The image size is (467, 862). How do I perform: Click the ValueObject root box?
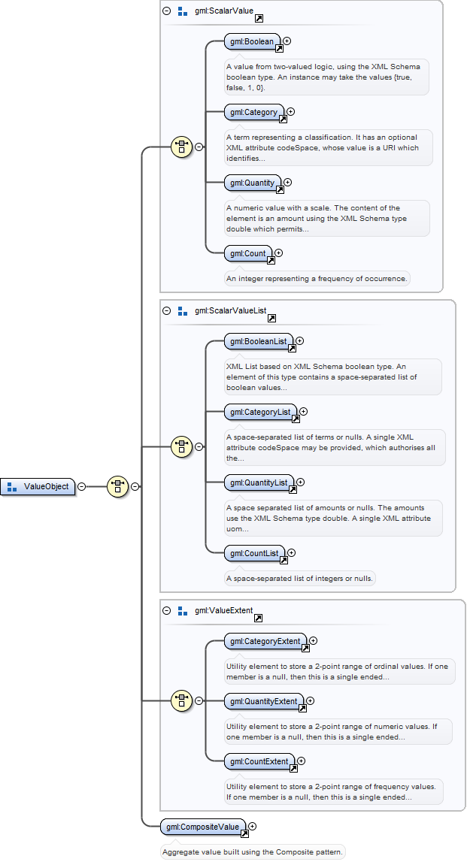click(x=38, y=486)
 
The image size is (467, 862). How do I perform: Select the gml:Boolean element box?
click(x=253, y=42)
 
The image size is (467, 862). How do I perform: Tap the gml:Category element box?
click(x=254, y=112)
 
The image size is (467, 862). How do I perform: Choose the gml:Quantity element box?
click(x=253, y=183)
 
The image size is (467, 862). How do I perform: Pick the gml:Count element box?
click(x=248, y=253)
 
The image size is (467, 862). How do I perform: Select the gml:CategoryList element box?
click(x=261, y=412)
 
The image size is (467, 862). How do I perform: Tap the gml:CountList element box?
click(x=255, y=553)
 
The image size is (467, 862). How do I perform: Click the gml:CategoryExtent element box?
click(x=265, y=641)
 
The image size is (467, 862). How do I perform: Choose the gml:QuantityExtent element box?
click(x=264, y=701)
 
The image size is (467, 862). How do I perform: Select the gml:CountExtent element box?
click(x=259, y=761)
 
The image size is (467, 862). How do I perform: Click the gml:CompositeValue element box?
click(x=203, y=827)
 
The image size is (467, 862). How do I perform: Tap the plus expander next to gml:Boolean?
click(x=287, y=41)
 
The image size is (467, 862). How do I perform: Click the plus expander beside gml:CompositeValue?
click(x=253, y=826)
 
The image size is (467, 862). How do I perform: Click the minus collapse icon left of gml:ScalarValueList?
click(x=167, y=310)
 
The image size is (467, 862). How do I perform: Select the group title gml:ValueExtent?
click(x=224, y=610)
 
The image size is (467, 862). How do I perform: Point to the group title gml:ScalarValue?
click(x=224, y=11)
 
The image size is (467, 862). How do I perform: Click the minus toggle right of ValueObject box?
click(x=81, y=486)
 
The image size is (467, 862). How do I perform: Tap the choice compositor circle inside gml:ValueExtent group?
click(x=181, y=701)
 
